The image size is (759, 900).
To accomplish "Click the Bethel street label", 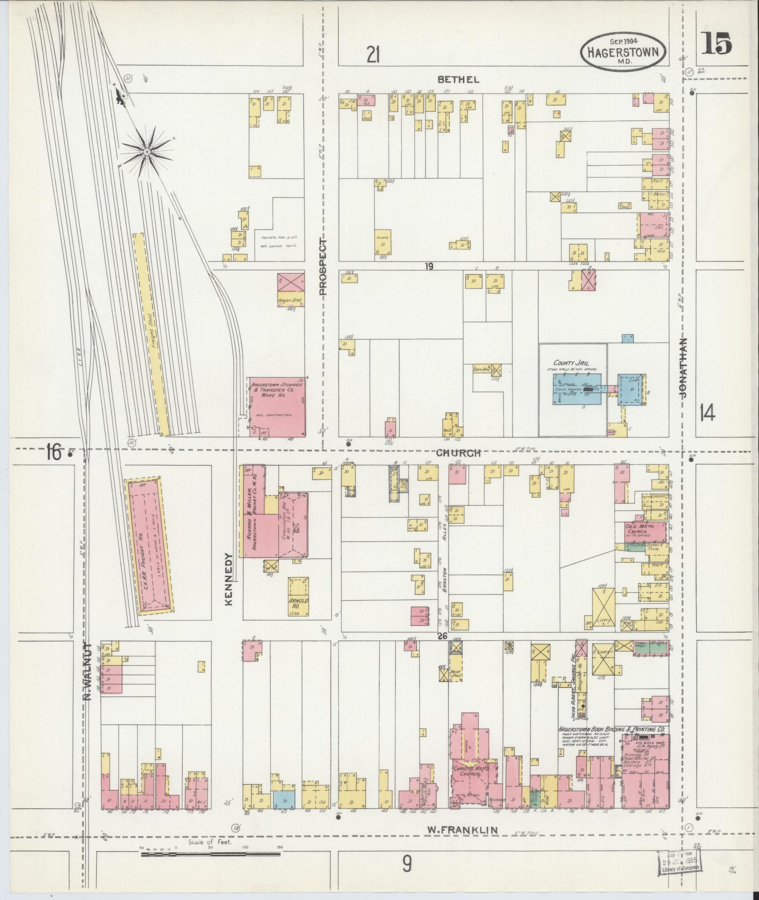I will pos(459,80).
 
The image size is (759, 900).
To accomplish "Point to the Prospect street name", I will pos(323,266).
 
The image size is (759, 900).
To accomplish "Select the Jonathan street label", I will pos(683,368).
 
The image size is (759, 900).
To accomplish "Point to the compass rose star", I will pos(147,151).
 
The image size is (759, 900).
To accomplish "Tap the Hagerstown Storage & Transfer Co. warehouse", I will pos(278,406).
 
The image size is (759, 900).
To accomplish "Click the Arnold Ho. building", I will pos(299,597).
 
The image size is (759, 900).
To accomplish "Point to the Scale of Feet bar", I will pos(210,853).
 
